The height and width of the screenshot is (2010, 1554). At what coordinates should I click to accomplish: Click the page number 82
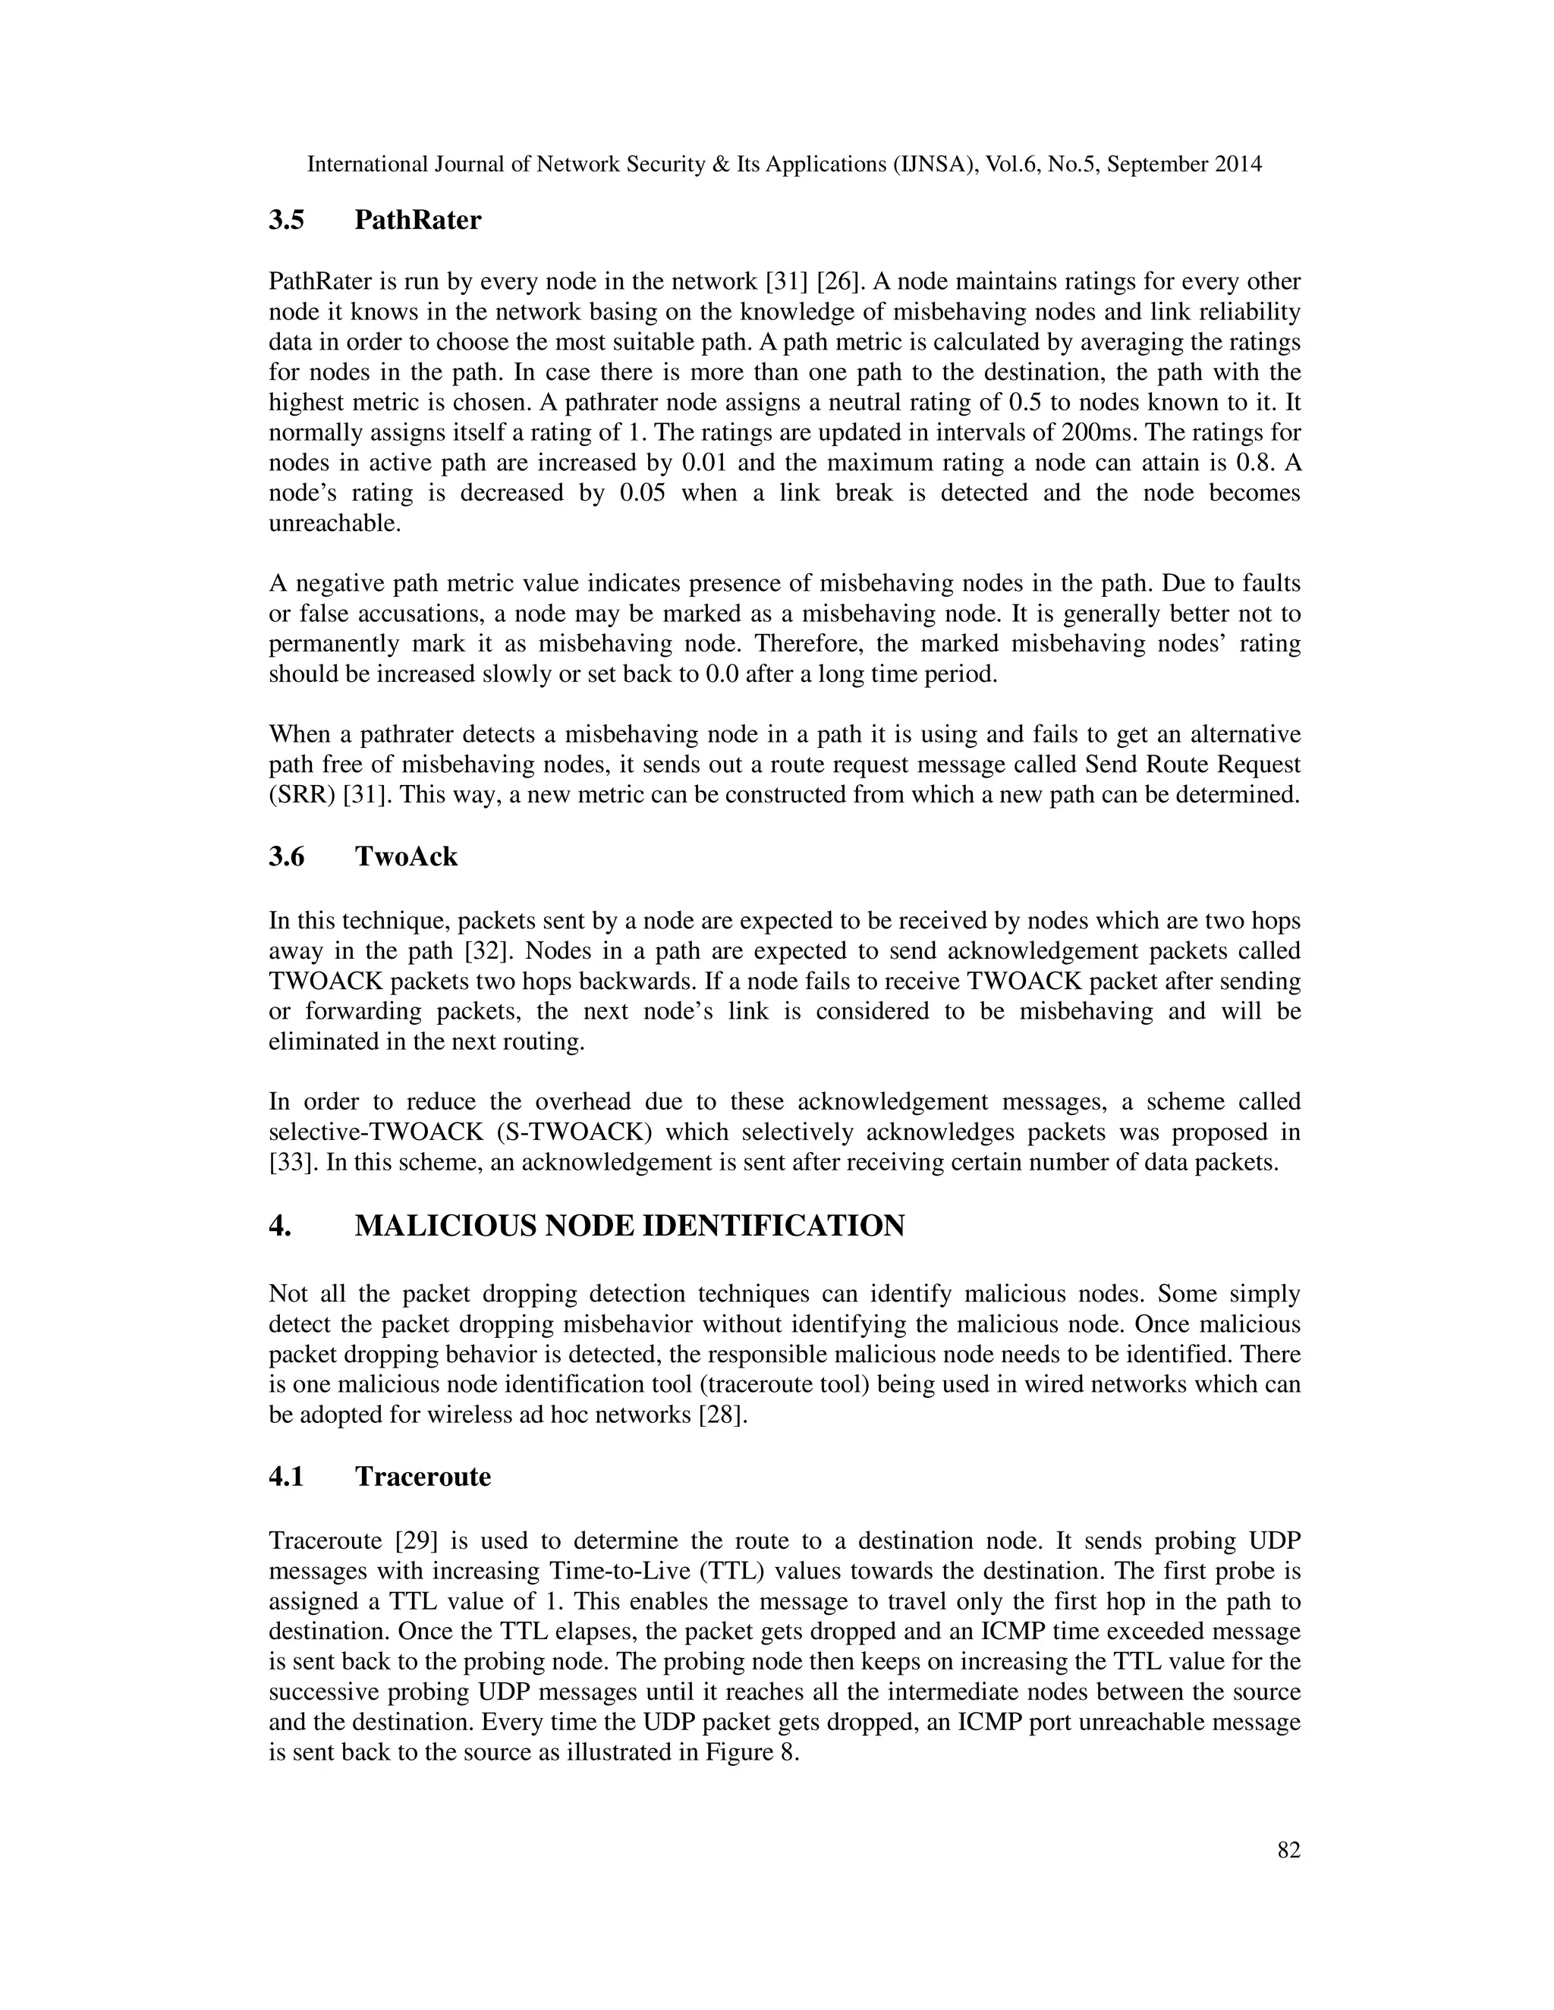[x=1289, y=1850]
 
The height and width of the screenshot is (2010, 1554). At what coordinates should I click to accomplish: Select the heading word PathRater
[x=417, y=221]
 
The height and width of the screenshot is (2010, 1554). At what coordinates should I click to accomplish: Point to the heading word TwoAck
[x=406, y=857]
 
